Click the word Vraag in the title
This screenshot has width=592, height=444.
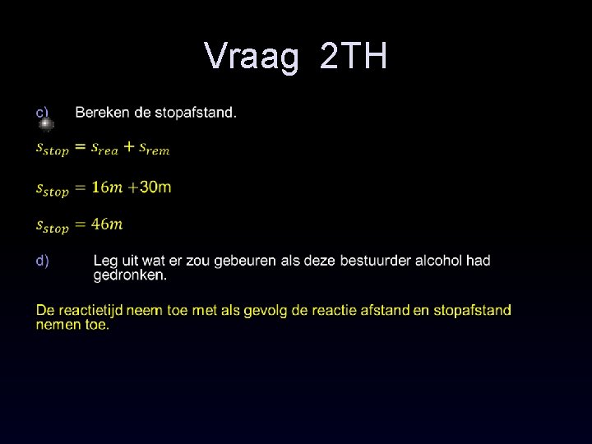(252, 57)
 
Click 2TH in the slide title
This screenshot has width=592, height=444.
(354, 57)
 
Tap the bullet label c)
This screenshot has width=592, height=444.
(42, 112)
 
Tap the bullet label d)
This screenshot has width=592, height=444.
(42, 261)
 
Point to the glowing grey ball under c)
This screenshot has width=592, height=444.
(46, 124)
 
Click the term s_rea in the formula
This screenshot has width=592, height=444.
(104, 149)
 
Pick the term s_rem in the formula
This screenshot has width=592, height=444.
(154, 149)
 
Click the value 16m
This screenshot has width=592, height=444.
(107, 187)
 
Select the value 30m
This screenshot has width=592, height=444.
(155, 187)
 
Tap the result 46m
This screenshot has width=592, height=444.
(107, 224)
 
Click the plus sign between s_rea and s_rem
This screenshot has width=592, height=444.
(129, 147)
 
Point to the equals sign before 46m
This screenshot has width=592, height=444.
(80, 224)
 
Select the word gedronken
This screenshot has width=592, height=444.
(129, 275)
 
